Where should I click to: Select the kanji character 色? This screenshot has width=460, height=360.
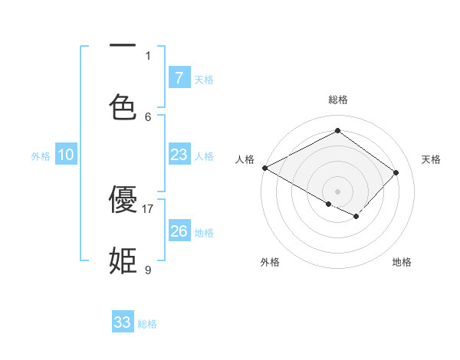click(123, 106)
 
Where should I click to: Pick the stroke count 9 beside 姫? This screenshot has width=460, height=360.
click(148, 270)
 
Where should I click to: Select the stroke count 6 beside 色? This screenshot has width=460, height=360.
click(148, 116)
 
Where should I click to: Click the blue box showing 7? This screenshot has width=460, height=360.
click(179, 77)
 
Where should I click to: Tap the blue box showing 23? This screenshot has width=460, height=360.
click(179, 155)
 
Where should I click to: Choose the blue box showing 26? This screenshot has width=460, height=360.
click(179, 231)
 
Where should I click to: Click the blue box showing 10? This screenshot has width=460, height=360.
click(66, 155)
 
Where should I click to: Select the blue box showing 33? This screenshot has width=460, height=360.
click(123, 322)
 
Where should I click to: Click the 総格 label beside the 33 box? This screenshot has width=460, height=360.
click(147, 324)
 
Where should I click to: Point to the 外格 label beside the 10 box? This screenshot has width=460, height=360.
click(41, 156)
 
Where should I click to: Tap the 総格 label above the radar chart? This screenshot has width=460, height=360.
click(337, 100)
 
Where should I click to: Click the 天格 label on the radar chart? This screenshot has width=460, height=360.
click(431, 159)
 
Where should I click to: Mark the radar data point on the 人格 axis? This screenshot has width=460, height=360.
click(264, 168)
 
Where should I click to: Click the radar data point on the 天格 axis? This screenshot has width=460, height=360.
click(396, 172)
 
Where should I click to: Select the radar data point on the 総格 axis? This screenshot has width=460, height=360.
click(337, 131)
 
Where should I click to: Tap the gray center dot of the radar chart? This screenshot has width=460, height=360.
click(337, 191)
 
